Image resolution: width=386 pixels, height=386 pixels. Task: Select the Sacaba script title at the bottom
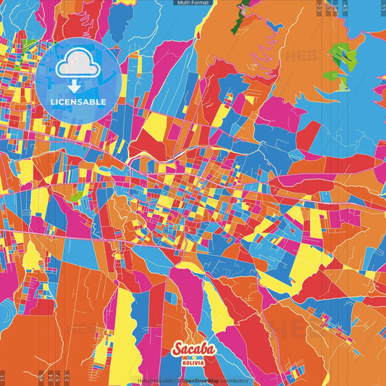193,351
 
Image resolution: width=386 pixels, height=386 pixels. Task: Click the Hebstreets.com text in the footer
155,380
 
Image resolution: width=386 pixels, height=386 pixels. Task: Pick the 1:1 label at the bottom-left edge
3,377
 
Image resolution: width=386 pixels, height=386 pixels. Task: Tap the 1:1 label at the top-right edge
382,8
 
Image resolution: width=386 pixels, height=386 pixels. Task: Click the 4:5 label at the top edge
346,8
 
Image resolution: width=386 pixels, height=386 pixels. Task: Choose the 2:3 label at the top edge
319,8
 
